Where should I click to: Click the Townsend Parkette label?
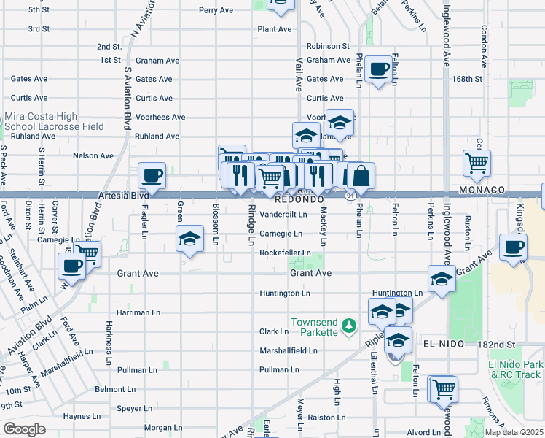315,327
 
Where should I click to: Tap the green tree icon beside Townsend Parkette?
350,324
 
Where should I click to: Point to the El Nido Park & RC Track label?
516,369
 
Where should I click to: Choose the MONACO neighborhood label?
482,190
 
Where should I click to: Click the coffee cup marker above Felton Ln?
378,69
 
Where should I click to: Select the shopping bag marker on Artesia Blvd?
361,176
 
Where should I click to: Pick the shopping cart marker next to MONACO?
477,164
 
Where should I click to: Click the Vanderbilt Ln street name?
283,215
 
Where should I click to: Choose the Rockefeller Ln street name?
286,253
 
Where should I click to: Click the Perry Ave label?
216,11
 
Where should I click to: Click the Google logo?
24,429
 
